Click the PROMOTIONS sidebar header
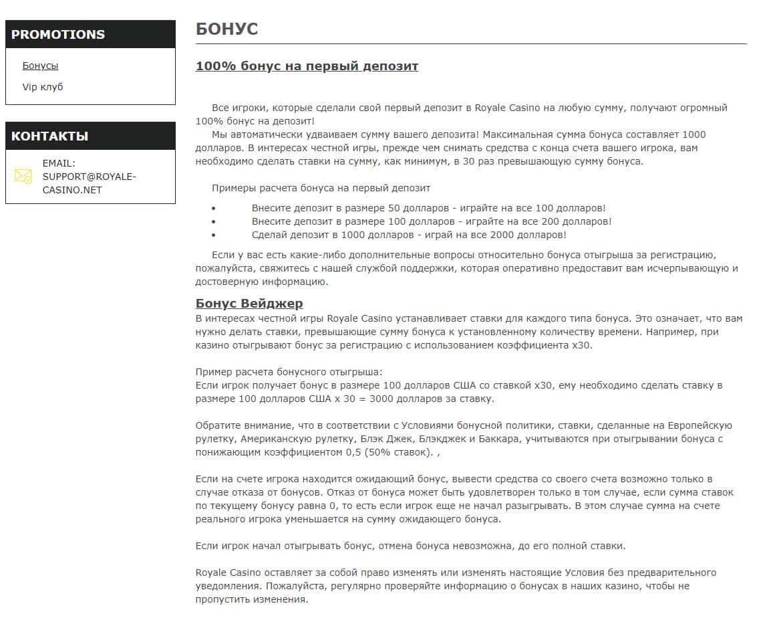[58, 34]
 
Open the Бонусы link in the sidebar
[40, 66]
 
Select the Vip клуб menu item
[43, 87]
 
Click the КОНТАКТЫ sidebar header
[49, 136]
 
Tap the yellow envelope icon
[23, 176]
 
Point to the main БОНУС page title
[226, 29]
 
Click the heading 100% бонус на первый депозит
[307, 66]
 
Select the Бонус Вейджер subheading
[249, 304]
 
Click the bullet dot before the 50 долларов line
[213, 209]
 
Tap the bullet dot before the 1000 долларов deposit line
[213, 235]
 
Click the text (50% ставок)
[398, 452]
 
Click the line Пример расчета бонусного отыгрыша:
[289, 372]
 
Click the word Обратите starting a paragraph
[216, 425]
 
